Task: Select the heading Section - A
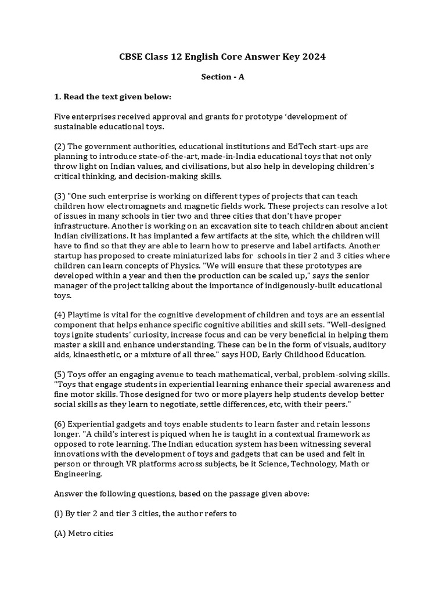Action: pyautogui.click(x=222, y=77)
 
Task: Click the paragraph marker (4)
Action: pyautogui.click(x=60, y=315)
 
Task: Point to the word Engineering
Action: pyautogui.click(x=78, y=473)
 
